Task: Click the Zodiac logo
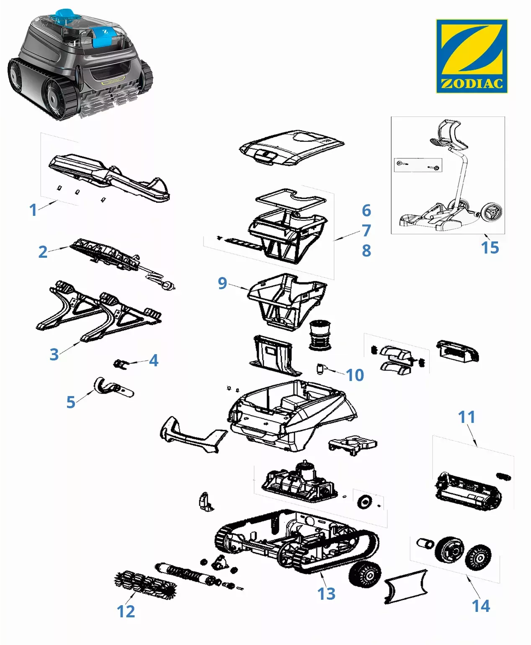tap(472, 56)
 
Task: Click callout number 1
tap(33, 210)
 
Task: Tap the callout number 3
tap(54, 354)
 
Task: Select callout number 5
tap(71, 402)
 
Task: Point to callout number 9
tap(222, 283)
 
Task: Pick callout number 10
tap(355, 375)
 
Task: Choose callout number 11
tap(467, 417)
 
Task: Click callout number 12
tap(126, 611)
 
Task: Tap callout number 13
tap(326, 593)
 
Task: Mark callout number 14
tap(481, 606)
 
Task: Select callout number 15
tap(490, 247)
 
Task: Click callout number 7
tap(366, 230)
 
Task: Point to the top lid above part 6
tap(291, 147)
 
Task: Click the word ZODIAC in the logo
tap(472, 83)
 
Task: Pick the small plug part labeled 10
tap(321, 369)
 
